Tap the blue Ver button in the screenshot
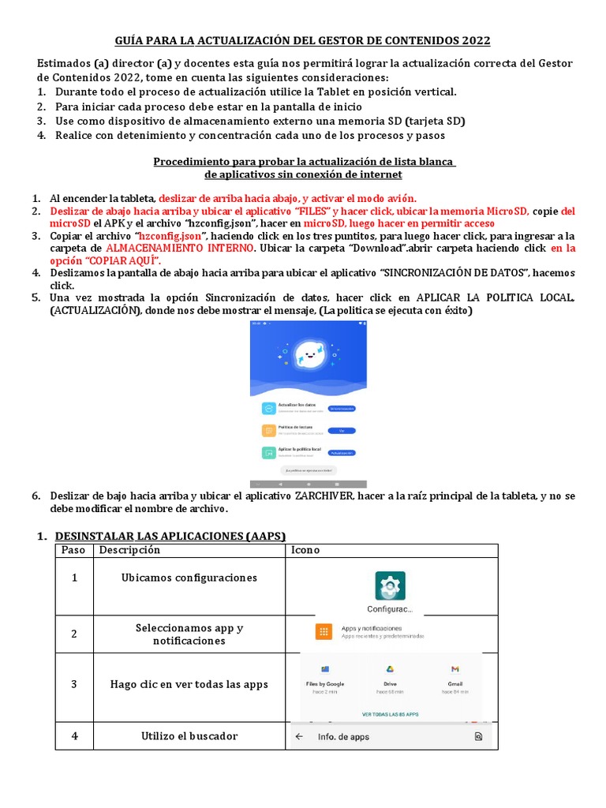click(x=342, y=431)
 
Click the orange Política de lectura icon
click(x=268, y=431)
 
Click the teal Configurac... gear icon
click(x=390, y=586)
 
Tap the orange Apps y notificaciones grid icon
click(x=324, y=631)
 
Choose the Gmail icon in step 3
click(x=455, y=669)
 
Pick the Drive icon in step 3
click(x=390, y=669)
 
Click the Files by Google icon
click(x=325, y=669)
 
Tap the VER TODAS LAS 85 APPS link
click(x=390, y=713)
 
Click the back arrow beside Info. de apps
click(x=300, y=737)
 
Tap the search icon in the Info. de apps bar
click(x=478, y=737)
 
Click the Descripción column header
click(x=129, y=550)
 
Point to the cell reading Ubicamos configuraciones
click(x=189, y=578)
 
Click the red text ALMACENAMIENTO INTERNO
click(x=180, y=249)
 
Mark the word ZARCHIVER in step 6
click(x=326, y=496)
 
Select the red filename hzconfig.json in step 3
click(x=170, y=236)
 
